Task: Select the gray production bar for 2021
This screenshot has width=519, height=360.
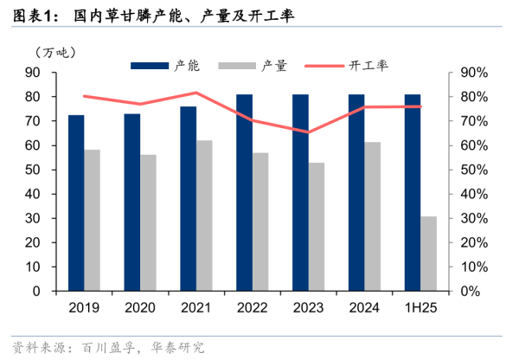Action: click(204, 215)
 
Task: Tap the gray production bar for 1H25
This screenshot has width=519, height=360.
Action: click(429, 254)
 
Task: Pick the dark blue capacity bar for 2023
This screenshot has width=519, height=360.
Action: click(300, 192)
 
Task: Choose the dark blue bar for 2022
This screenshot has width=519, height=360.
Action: click(245, 192)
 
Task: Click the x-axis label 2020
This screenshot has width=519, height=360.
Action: click(140, 307)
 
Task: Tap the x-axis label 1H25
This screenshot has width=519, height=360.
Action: click(420, 307)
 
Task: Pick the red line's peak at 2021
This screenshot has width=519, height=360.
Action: click(196, 93)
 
